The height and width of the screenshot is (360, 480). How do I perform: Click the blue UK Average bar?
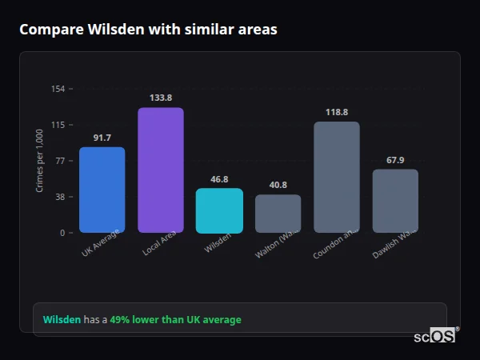click(x=102, y=190)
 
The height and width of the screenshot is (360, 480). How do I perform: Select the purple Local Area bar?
click(x=161, y=170)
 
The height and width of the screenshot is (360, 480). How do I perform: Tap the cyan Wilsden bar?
click(x=219, y=210)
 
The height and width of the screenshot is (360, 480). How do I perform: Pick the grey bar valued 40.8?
click(x=278, y=214)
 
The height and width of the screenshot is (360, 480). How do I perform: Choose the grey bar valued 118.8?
click(x=336, y=177)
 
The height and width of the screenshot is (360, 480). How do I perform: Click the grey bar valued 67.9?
click(x=395, y=201)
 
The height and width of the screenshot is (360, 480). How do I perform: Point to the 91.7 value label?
click(x=102, y=138)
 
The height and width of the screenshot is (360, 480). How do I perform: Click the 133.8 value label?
click(x=161, y=98)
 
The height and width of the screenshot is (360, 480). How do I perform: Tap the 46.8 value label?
click(x=219, y=180)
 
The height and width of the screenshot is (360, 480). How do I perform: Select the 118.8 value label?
click(x=336, y=113)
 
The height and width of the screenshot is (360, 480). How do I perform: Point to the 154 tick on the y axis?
click(x=58, y=89)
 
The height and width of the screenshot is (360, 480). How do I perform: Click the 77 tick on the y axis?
click(x=60, y=161)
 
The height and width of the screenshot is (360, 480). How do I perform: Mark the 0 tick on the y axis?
click(x=62, y=233)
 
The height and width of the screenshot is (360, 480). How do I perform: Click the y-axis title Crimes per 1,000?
click(x=40, y=161)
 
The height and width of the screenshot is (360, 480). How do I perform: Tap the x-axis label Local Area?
click(x=160, y=246)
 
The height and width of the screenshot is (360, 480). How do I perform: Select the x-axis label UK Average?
click(x=101, y=246)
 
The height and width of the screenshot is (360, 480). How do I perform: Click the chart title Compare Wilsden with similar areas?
click(x=148, y=30)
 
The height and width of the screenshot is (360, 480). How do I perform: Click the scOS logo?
click(x=434, y=337)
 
